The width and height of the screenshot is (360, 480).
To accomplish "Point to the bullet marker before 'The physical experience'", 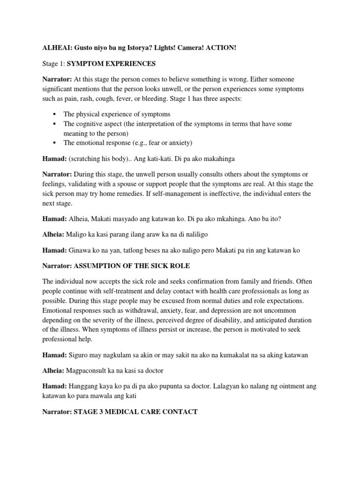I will click(55, 114).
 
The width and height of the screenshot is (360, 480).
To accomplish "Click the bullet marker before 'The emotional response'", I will click(55, 142).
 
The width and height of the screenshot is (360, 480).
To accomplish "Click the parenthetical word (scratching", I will click(87, 159).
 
